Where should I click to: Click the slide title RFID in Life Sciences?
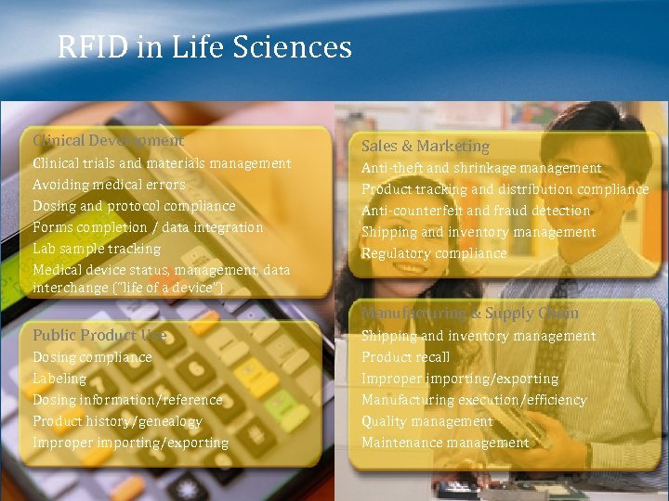click(204, 46)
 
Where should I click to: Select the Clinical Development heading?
click(108, 140)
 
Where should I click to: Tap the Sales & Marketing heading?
click(425, 147)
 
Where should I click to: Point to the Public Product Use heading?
click(99, 335)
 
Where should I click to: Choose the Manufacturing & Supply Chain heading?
click(469, 314)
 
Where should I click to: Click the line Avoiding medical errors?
click(109, 185)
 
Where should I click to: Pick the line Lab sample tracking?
click(97, 249)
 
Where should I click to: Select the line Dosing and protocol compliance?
click(134, 206)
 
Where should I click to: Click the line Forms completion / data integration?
click(148, 227)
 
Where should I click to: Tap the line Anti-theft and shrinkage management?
click(481, 168)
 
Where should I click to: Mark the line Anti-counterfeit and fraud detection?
click(476, 211)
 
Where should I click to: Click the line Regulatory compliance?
click(434, 253)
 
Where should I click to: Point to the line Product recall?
click(405, 357)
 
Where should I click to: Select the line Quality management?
click(426, 421)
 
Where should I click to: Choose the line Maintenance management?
click(444, 443)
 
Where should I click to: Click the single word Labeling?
click(59, 379)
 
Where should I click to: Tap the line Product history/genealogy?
click(117, 421)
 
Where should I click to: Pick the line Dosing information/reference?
click(127, 400)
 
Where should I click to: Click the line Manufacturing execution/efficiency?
click(474, 400)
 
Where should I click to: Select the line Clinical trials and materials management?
click(162, 163)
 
